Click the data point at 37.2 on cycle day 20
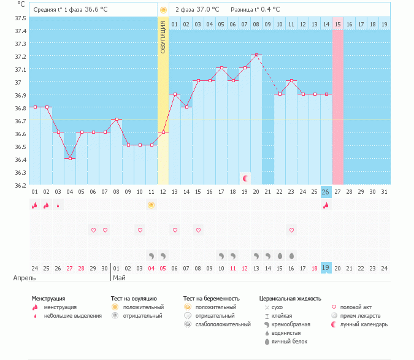[x=256, y=55]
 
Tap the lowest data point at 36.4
[x=70, y=158]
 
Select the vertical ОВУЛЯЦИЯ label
[x=163, y=37]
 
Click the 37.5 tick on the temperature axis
[x=20, y=18]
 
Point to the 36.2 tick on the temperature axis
[x=20, y=185]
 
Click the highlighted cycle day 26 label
[x=326, y=192]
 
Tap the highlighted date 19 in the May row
[x=326, y=267]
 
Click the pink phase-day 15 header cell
[x=338, y=24]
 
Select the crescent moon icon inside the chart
[x=245, y=178]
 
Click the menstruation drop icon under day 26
[x=326, y=205]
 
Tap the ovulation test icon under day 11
[x=151, y=205]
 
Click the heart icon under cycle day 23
[x=291, y=230]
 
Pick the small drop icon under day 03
[x=58, y=205]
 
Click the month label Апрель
[x=25, y=278]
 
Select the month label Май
[x=119, y=278]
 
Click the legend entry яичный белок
[x=289, y=342]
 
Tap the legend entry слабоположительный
[x=223, y=324]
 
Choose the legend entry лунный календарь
[x=364, y=324]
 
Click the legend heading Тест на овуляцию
[x=134, y=299]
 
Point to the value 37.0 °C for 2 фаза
[x=207, y=9]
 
